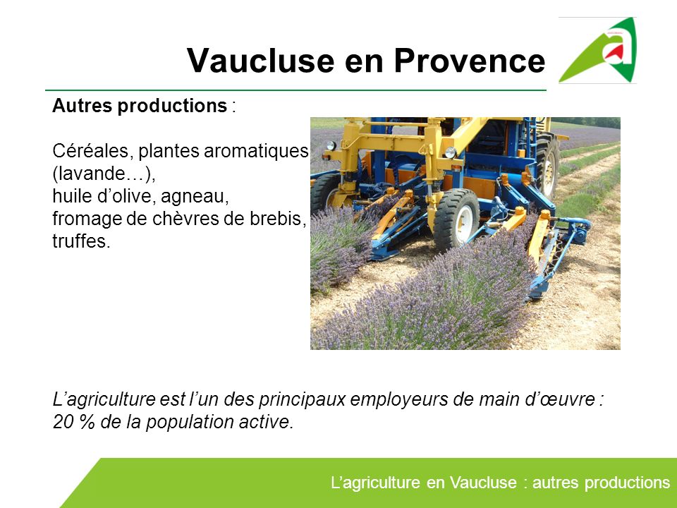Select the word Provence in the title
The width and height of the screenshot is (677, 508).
[x=470, y=61]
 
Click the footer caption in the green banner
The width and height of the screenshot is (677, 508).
[x=500, y=483]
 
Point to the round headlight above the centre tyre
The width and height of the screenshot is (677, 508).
[x=450, y=152]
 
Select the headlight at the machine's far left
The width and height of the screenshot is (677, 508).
[x=330, y=146]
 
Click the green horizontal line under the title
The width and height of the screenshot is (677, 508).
[x=296, y=91]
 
